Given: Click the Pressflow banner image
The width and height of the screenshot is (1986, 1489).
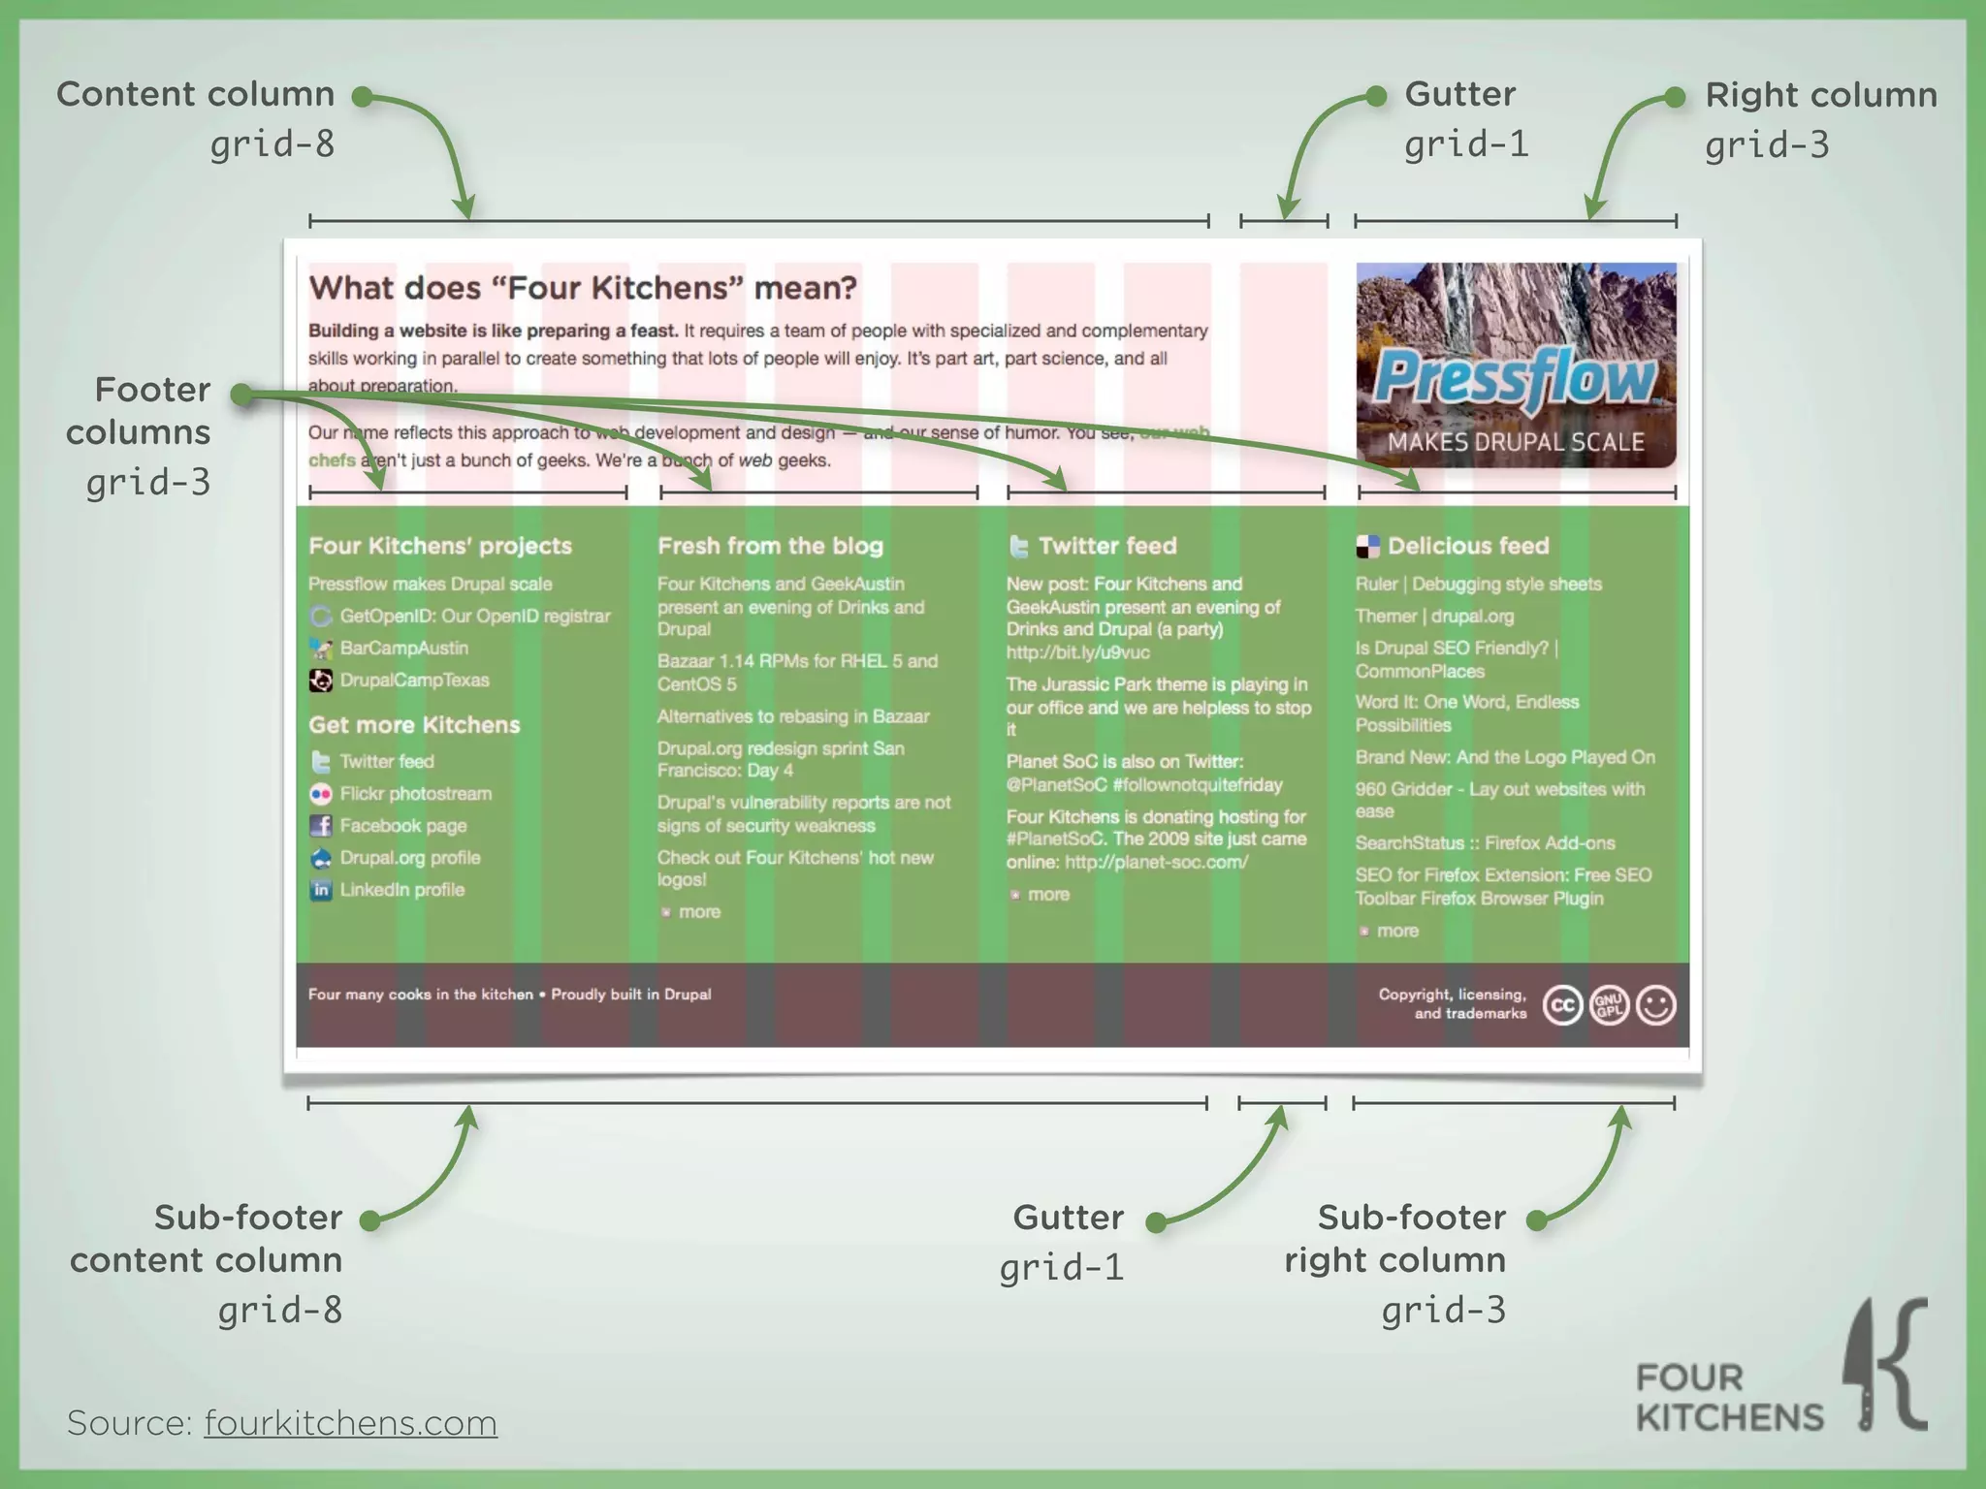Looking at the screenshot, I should point(1516,365).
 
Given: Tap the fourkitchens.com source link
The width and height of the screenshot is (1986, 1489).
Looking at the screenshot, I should point(350,1423).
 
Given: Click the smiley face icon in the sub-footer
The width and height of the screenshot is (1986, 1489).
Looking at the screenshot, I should point(1655,1005).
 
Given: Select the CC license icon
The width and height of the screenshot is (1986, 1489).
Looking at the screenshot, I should point(1562,1005).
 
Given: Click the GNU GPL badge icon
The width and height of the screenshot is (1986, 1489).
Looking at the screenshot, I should point(1609,1005).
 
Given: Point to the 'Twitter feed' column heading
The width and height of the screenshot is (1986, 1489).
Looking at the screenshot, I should point(1106,546).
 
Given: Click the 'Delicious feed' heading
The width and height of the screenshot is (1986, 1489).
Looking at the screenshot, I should point(1467,546).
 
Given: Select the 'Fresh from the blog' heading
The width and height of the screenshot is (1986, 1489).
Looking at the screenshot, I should point(770,546).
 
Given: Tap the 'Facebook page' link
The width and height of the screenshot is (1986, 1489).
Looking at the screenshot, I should point(402,826).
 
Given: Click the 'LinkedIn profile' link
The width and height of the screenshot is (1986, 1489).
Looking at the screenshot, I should point(401,890).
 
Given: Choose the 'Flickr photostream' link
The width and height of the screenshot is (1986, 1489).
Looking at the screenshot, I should point(415,794).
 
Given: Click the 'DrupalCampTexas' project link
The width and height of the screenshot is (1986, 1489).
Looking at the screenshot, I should point(414,681).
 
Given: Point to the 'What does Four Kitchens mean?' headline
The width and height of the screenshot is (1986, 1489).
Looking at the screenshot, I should point(583,288).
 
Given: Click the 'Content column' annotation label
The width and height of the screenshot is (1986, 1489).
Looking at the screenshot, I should point(195,95).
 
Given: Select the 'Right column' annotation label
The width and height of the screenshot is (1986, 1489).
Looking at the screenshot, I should point(1820,95).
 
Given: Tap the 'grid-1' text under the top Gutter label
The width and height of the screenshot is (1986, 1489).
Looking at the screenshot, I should point(1465,144).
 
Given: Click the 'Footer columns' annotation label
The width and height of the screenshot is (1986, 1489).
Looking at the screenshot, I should point(139,411).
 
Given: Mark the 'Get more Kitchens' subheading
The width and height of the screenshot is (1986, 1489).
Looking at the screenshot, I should point(414,725).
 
